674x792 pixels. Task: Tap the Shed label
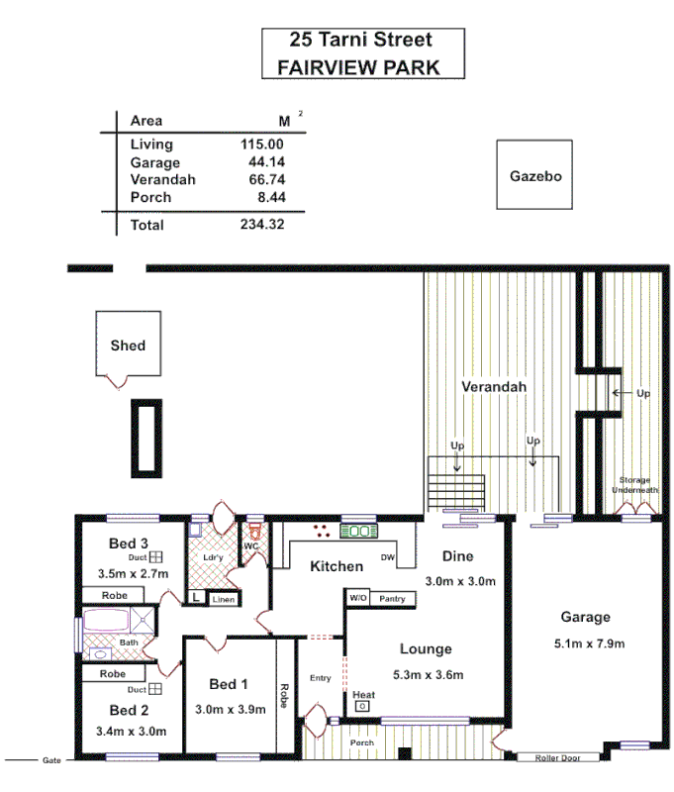128,346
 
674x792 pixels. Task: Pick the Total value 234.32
262,225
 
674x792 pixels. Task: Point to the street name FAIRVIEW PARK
357,68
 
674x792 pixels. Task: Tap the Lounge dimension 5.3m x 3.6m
426,675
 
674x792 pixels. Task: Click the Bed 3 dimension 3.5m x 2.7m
134,573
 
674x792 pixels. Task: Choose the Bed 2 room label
129,710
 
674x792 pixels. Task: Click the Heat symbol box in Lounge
362,706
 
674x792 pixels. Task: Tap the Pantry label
391,599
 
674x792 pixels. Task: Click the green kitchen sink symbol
357,532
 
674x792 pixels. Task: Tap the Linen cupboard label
223,598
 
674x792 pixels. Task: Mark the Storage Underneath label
632,484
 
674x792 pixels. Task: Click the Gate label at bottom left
51,760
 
